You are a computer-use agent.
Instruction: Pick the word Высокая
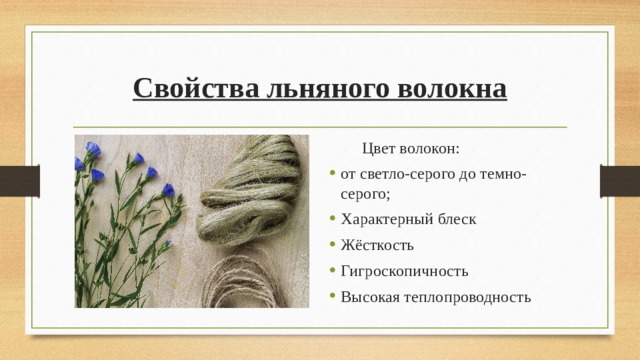click(369, 297)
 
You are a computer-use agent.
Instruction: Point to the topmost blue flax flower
click(93, 149)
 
